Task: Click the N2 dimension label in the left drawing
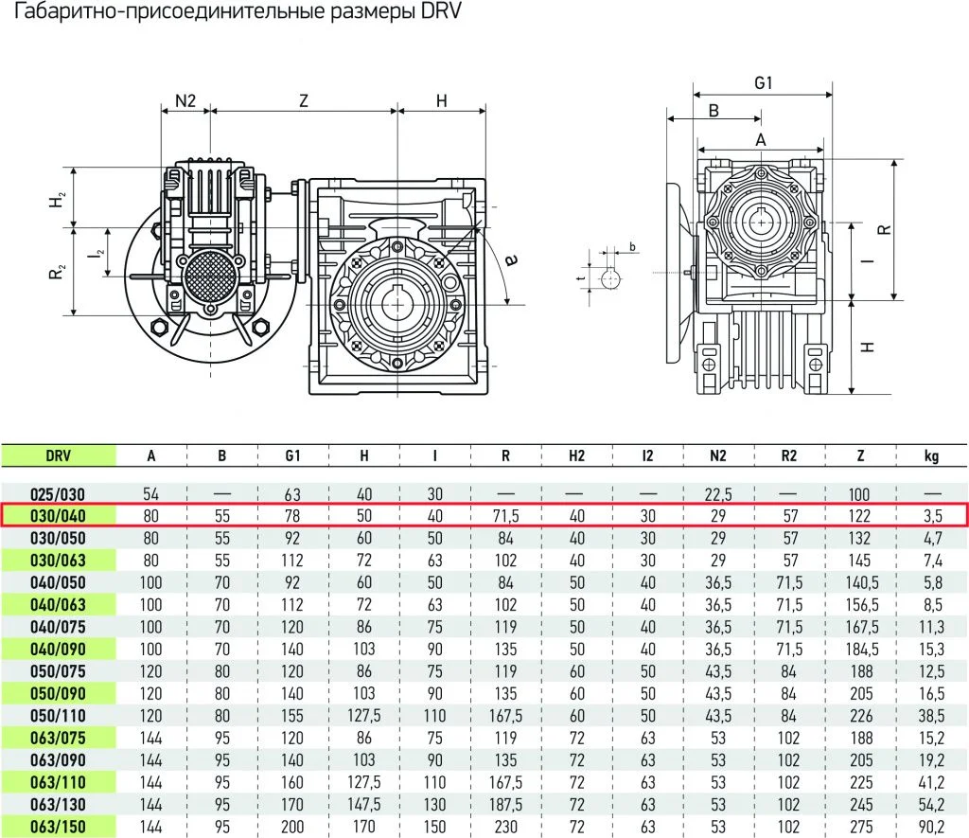185,100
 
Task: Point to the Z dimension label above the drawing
304,100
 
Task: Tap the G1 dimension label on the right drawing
764,83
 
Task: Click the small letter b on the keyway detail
632,247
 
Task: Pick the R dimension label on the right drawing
884,229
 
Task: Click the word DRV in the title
441,11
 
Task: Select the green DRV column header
58,455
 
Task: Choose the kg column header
931,456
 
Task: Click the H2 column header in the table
576,455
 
